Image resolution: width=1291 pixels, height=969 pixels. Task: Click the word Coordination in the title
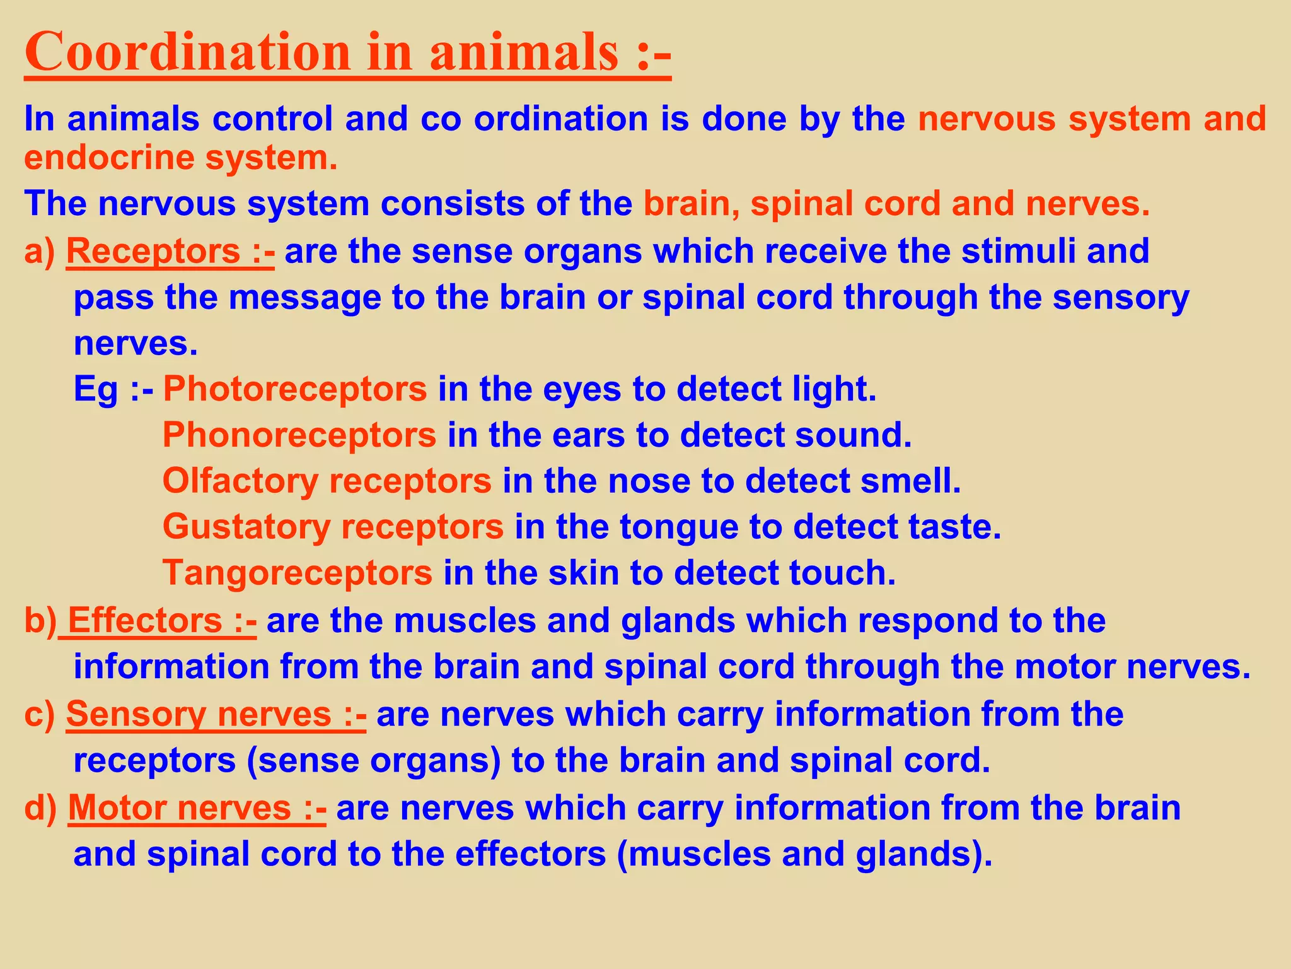pyautogui.click(x=187, y=52)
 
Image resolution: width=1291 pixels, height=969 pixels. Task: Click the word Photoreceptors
pyautogui.click(x=295, y=389)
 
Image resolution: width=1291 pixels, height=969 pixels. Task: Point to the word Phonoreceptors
pyautogui.click(x=299, y=435)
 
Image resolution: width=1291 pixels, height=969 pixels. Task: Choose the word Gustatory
pyautogui.click(x=246, y=527)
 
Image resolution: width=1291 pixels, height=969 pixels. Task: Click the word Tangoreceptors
pyautogui.click(x=298, y=573)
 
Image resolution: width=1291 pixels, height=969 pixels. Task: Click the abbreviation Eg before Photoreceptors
pyautogui.click(x=96, y=389)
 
